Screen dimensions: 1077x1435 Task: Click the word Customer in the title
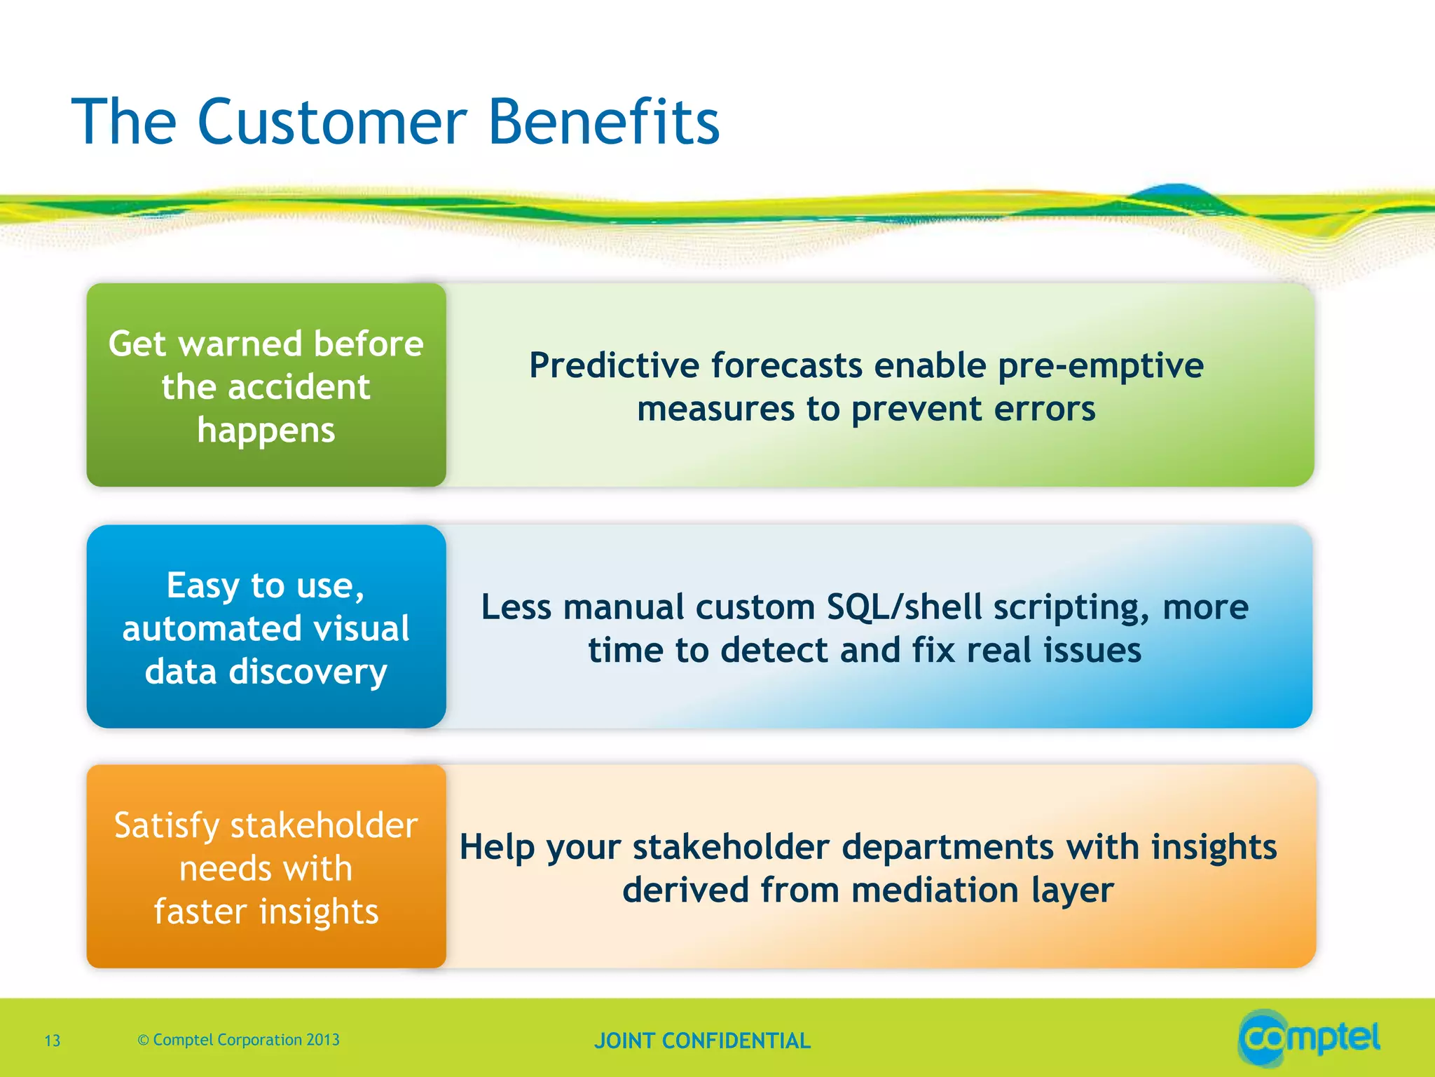click(332, 123)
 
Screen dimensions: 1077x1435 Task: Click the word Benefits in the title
click(603, 123)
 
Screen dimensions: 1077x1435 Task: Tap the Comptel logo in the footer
click(1309, 1038)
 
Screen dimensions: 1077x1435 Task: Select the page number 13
click(53, 1041)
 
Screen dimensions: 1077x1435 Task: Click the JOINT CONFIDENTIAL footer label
click(702, 1041)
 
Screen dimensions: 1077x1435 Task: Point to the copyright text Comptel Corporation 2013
click(246, 1040)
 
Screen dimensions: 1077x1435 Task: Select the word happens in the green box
click(266, 431)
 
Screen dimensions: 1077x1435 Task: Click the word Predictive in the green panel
click(615, 366)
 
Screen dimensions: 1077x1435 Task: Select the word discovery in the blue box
click(308, 672)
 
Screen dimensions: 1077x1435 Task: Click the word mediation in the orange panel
click(935, 890)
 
